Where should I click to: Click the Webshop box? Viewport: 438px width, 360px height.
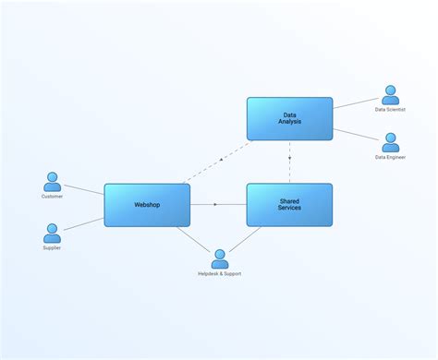(x=147, y=205)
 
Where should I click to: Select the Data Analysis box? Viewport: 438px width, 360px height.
(x=289, y=119)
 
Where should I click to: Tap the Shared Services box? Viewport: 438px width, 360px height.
(x=289, y=205)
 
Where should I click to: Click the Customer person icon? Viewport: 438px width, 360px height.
(x=53, y=181)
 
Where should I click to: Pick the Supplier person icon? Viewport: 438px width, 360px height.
(x=53, y=233)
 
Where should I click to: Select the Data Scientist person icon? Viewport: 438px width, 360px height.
(x=391, y=95)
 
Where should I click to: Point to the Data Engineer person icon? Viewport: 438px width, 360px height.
(x=391, y=142)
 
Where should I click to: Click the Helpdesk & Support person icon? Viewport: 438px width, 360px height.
(x=219, y=258)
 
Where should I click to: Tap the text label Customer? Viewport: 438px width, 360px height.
(x=53, y=197)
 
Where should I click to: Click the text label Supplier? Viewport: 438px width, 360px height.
(x=53, y=248)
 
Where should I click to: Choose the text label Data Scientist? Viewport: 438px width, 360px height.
(x=391, y=110)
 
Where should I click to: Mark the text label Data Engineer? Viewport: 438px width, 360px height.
(x=391, y=158)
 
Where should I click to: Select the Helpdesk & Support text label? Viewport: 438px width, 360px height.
(x=219, y=274)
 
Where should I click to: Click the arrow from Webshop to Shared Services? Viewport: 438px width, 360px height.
(x=218, y=205)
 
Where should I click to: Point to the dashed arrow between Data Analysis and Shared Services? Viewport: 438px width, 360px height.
(x=289, y=162)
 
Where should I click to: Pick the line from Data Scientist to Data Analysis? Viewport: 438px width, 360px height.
(x=357, y=102)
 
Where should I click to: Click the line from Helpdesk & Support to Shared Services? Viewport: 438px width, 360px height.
(x=246, y=239)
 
